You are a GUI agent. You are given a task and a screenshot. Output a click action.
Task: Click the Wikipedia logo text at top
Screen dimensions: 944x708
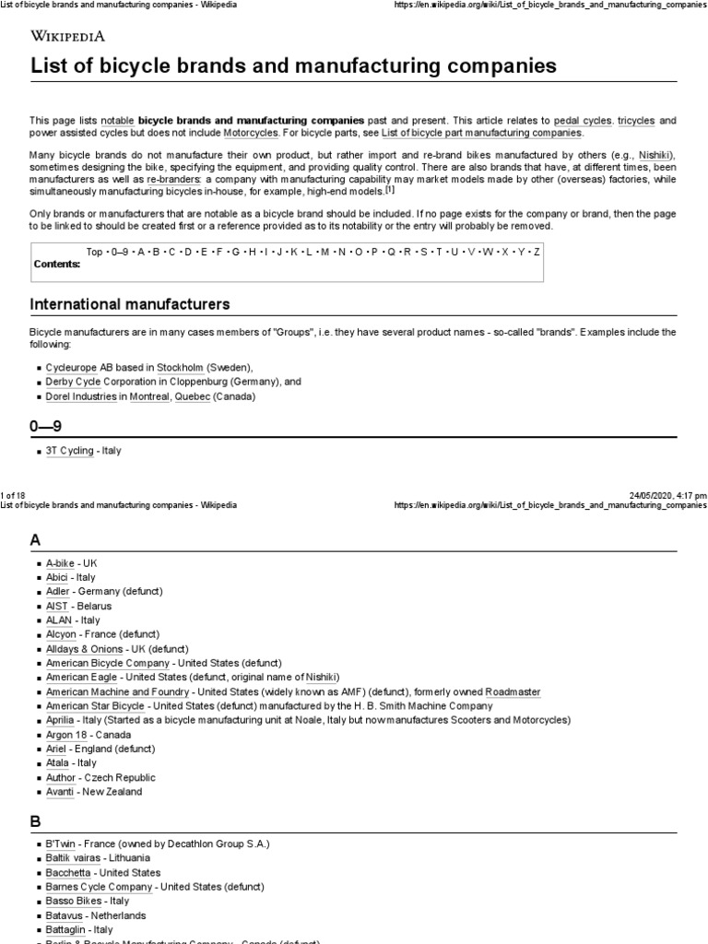pyautogui.click(x=68, y=36)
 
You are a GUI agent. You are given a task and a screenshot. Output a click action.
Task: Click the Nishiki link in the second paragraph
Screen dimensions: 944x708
pyautogui.click(x=656, y=155)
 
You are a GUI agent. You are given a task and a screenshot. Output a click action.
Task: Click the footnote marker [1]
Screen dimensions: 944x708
pyautogui.click(x=390, y=190)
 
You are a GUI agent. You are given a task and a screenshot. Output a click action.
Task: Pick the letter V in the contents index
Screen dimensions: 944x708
pyautogui.click(x=472, y=252)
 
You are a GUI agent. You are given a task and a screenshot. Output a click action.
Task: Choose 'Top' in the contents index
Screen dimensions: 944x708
pyautogui.click(x=95, y=252)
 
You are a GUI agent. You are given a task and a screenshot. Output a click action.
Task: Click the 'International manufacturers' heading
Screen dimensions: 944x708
pyautogui.click(x=130, y=304)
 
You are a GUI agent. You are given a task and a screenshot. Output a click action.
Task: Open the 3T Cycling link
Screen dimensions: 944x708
pyautogui.click(x=70, y=451)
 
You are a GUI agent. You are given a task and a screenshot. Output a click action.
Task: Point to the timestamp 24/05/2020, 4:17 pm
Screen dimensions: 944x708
pyautogui.click(x=668, y=495)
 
